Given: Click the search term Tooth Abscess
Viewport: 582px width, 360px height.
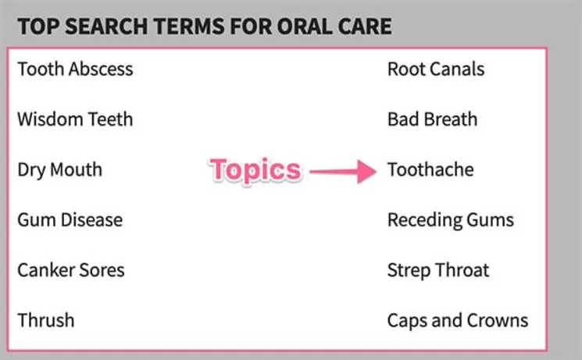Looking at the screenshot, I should [75, 69].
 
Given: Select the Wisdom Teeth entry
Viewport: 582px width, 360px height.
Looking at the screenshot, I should [75, 119].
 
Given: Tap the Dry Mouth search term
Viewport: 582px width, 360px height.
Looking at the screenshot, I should [59, 169].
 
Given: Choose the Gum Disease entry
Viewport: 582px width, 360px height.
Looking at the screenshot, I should [70, 219].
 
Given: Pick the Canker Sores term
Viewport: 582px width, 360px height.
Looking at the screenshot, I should [70, 270].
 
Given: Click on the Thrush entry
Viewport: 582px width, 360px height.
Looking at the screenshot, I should [46, 320].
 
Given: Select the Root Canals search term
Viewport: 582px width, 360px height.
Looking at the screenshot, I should [436, 69].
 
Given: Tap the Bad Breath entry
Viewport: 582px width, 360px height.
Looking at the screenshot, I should [432, 119].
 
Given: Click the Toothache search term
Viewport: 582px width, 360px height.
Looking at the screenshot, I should [430, 169].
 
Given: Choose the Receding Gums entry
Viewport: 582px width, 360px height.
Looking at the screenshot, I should [451, 219].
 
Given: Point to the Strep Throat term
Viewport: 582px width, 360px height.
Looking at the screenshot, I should [438, 270].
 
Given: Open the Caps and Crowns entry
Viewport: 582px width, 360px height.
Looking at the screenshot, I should [458, 320].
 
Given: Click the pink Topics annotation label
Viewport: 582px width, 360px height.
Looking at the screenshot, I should [255, 170].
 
